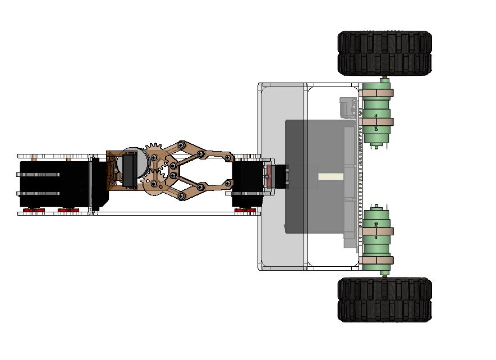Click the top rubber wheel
(384, 53)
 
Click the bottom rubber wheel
(384, 300)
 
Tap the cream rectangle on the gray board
(330, 176)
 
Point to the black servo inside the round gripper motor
(128, 170)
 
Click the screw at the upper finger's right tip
(229, 158)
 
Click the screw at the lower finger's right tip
(228, 183)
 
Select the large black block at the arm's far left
(56, 184)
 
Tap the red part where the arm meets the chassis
(269, 176)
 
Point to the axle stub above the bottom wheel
(384, 275)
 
